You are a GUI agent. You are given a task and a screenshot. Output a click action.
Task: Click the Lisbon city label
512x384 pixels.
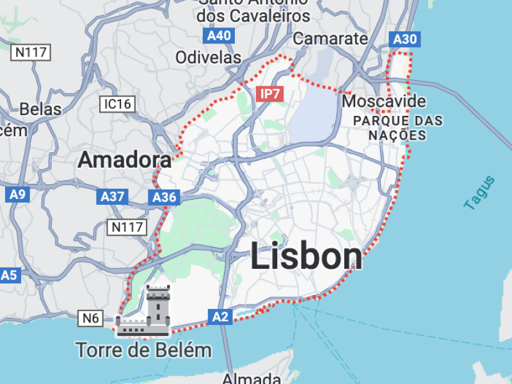[306, 256]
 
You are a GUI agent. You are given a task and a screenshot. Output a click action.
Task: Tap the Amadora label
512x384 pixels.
[125, 160]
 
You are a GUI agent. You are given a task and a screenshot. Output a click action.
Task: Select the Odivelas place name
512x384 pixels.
[209, 58]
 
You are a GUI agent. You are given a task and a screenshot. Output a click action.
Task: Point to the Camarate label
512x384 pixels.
[330, 38]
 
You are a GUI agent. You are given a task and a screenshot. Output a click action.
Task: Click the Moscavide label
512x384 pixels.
[384, 101]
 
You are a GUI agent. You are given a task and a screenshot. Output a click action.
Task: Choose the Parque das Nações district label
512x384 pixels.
[397, 127]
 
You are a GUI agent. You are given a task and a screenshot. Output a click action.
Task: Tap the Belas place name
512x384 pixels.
[40, 109]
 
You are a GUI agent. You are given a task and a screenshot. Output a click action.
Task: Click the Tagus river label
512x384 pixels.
[479, 193]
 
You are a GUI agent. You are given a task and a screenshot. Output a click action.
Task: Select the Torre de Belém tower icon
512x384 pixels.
[144, 312]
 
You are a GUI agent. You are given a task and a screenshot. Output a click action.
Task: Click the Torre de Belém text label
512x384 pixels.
[143, 350]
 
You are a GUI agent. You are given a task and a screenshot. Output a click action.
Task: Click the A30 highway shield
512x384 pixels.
[404, 40]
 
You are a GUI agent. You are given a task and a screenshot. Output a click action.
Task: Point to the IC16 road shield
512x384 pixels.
[117, 104]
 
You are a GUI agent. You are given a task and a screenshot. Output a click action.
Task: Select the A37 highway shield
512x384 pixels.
[113, 197]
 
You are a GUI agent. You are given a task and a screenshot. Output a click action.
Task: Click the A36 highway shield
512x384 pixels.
[164, 198]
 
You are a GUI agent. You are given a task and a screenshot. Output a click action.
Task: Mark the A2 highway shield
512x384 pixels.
[220, 316]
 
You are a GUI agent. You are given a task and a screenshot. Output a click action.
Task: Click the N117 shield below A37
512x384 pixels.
[128, 227]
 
